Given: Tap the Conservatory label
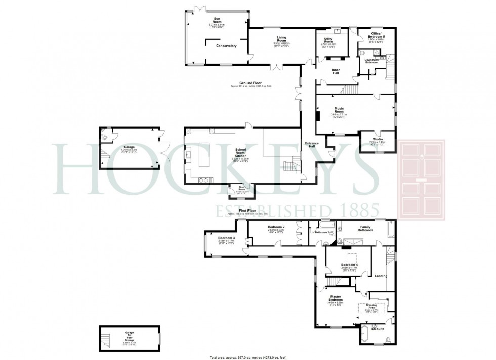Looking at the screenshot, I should [x=226, y=46].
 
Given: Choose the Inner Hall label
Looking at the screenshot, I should [x=336, y=71].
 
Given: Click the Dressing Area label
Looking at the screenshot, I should [x=372, y=306].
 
